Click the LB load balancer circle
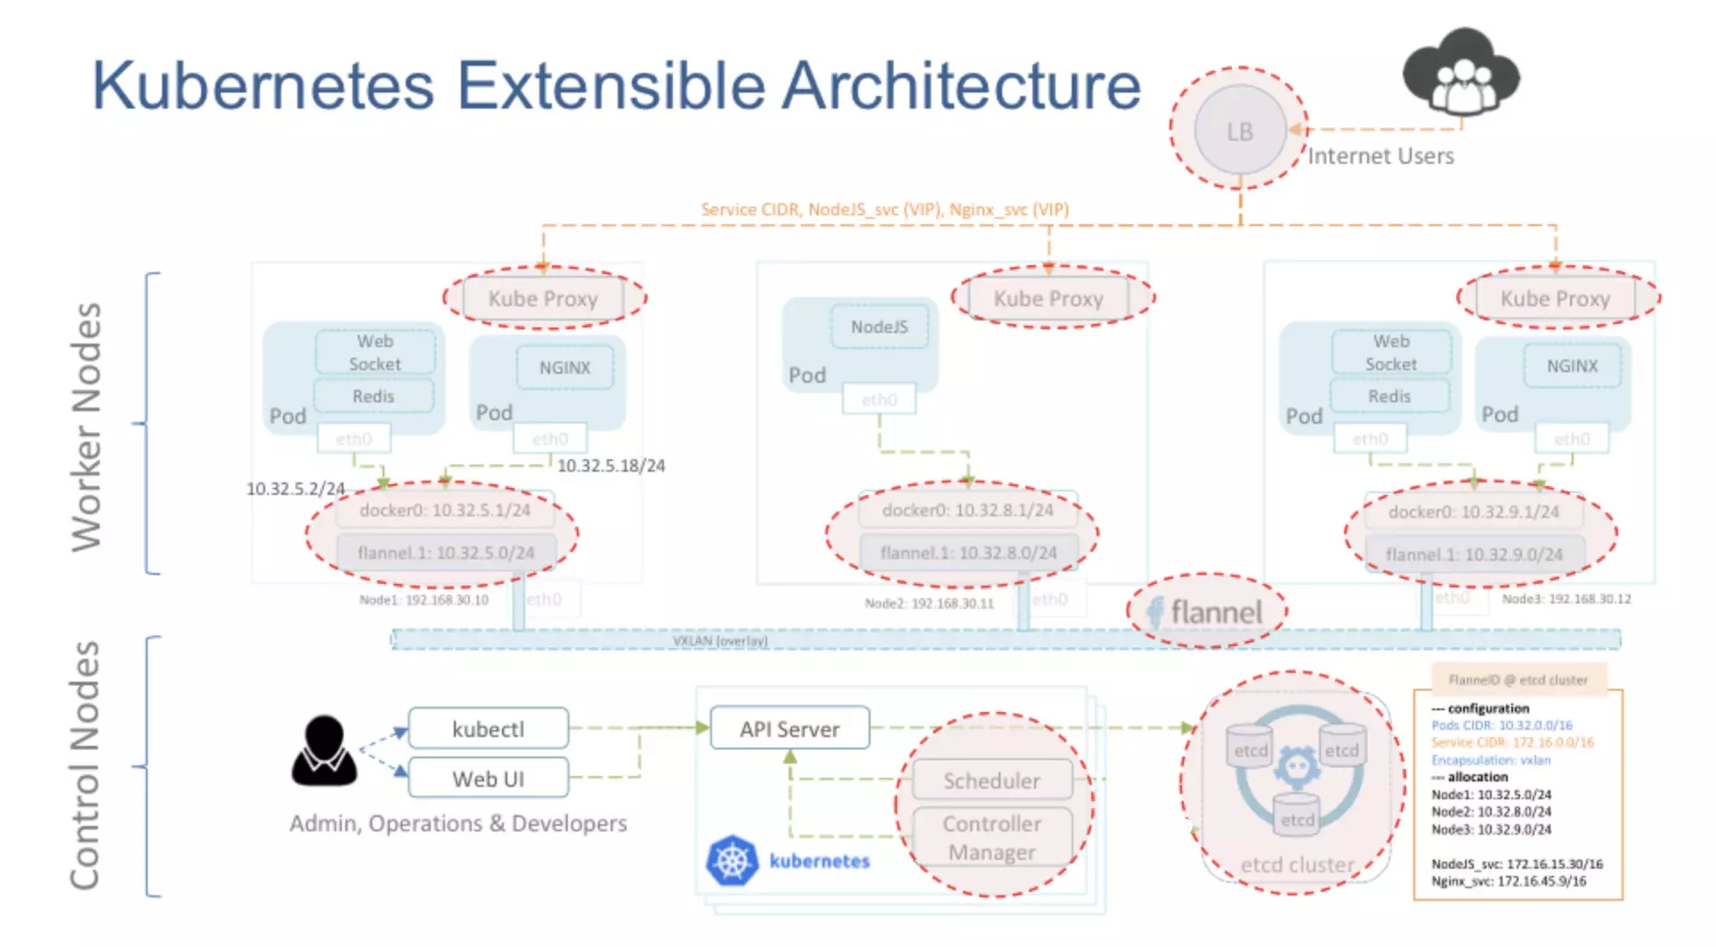1239,131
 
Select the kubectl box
488,729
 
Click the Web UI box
488,779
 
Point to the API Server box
789,729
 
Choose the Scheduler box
992,781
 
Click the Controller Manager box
992,838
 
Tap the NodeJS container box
879,327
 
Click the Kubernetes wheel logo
732,861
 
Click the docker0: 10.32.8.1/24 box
967,510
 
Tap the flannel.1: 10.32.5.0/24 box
446,553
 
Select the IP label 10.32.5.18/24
611,465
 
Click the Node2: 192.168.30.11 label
929,603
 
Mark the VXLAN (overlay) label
720,641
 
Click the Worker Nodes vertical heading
86,427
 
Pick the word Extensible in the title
611,86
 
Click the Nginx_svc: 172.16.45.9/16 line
1509,881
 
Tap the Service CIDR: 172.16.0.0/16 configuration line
1512,742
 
